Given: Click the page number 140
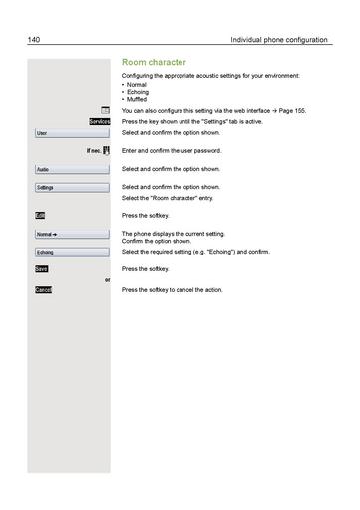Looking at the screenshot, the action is (34, 40).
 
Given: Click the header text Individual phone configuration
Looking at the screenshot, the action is (278, 40).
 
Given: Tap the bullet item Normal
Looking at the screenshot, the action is (137, 85).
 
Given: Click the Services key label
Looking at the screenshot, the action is (99, 121).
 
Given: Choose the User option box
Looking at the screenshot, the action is (70, 132).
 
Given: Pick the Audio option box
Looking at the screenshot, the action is (70, 169).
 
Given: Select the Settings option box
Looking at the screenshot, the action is (70, 187).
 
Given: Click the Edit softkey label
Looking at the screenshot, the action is (40, 215).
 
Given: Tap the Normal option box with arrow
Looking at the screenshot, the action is (70, 235).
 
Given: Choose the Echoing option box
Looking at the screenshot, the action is (70, 252).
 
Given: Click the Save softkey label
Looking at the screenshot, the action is (41, 269).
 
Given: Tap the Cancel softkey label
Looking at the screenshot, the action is (43, 290).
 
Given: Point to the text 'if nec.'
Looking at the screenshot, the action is (94, 150).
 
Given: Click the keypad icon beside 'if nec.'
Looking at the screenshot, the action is (106, 150).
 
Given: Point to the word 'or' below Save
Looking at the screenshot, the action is (107, 279).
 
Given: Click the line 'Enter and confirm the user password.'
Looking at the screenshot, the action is (171, 150).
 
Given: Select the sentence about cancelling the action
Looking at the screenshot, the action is (172, 290).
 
